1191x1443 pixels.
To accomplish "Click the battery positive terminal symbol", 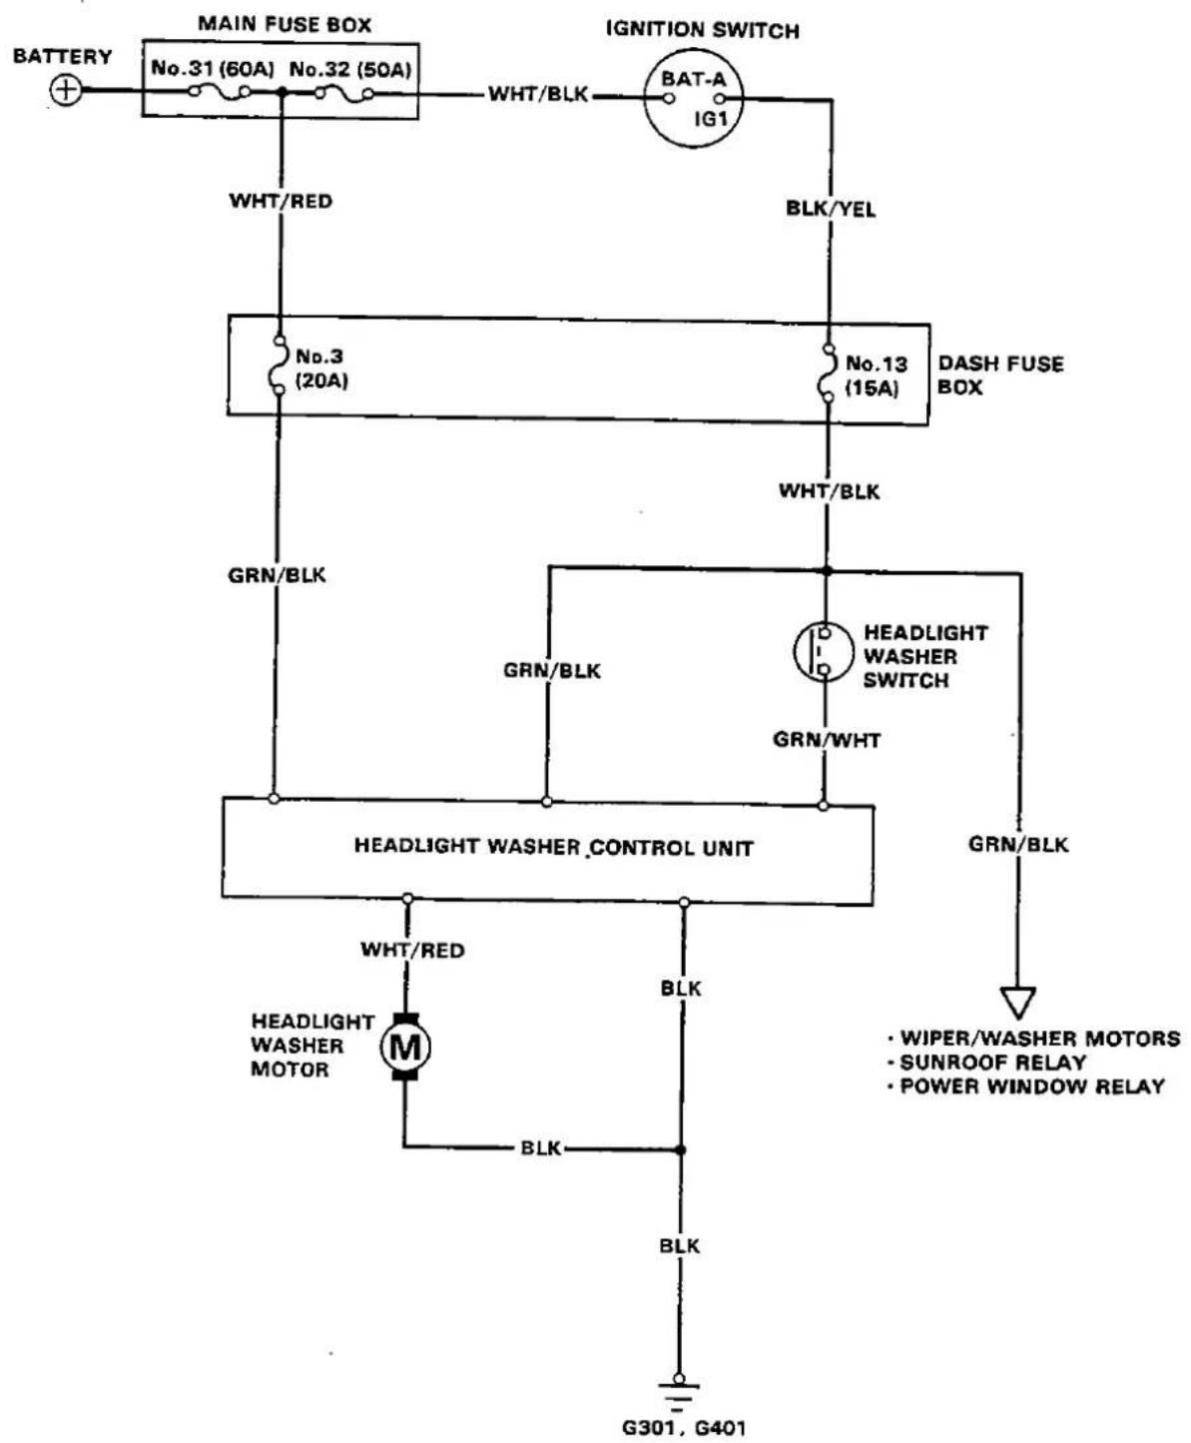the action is pyautogui.click(x=66, y=91).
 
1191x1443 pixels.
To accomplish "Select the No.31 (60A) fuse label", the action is pyautogui.click(x=213, y=69).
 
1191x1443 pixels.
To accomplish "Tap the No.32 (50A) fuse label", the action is pyautogui.click(x=350, y=69).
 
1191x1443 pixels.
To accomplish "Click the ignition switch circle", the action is pyautogui.click(x=693, y=98).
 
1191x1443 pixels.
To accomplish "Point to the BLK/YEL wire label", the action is pyautogui.click(x=831, y=209).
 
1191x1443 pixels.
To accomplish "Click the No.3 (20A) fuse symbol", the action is pyautogui.click(x=280, y=365).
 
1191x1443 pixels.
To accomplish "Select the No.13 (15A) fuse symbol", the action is pyautogui.click(x=828, y=372).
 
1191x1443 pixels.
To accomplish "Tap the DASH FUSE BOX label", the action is pyautogui.click(x=1000, y=375).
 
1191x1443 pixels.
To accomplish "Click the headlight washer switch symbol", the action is pyautogui.click(x=820, y=651).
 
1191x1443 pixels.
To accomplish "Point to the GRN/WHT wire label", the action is pyautogui.click(x=827, y=740).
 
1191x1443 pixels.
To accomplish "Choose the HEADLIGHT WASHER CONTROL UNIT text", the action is pyautogui.click(x=553, y=847).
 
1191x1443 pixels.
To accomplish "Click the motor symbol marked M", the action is pyautogui.click(x=405, y=1047).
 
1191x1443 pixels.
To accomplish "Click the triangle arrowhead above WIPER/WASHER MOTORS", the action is pyautogui.click(x=1017, y=1003).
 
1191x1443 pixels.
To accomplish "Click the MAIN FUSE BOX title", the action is pyautogui.click(x=285, y=24).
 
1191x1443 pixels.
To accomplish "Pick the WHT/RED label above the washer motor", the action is pyautogui.click(x=412, y=950).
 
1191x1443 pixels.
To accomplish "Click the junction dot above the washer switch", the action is pyautogui.click(x=827, y=570).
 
